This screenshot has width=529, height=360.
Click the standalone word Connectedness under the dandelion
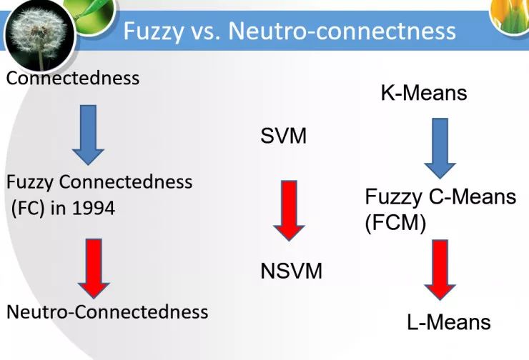(x=72, y=78)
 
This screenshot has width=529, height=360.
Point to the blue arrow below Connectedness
(x=88, y=134)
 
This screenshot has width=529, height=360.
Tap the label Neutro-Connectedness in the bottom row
(x=107, y=311)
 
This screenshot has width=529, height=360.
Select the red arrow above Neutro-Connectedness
(x=94, y=267)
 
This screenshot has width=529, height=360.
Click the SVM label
(x=283, y=135)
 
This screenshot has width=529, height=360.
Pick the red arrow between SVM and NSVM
(x=289, y=209)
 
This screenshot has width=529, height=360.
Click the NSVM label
(x=291, y=271)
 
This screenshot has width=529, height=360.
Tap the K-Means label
(x=423, y=93)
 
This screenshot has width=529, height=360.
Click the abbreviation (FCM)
(x=395, y=224)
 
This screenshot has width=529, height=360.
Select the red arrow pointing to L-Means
(x=440, y=271)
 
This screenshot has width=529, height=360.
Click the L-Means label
(x=449, y=322)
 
